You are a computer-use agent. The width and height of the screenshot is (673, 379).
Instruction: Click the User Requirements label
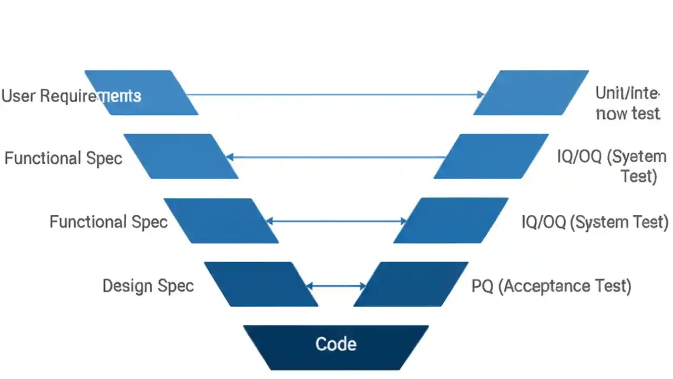(x=71, y=96)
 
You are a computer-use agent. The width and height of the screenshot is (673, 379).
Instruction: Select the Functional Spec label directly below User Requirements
(x=63, y=158)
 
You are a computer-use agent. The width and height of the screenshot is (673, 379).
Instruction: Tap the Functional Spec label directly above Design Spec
(x=108, y=222)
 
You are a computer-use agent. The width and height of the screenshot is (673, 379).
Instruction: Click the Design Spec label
(x=148, y=286)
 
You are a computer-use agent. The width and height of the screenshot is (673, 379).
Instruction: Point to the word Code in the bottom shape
(x=336, y=344)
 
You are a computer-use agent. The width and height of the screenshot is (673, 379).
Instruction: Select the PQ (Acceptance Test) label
(x=551, y=286)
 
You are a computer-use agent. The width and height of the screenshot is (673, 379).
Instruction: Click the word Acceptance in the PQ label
(x=545, y=286)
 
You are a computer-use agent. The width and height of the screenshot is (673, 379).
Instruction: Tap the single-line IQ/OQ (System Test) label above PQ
(x=595, y=222)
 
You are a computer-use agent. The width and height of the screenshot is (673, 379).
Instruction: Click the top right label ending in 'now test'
(x=627, y=103)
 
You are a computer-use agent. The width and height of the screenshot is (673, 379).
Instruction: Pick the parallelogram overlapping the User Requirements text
(x=141, y=93)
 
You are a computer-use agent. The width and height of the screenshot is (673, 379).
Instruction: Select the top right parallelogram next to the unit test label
(x=531, y=93)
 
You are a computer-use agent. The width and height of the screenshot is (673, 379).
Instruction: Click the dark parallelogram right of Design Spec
(x=261, y=284)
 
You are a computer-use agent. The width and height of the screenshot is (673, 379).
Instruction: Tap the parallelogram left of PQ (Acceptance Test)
(x=411, y=284)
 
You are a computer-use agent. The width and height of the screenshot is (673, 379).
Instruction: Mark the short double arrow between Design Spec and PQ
(x=336, y=286)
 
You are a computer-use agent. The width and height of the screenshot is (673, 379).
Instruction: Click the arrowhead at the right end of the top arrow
(x=480, y=95)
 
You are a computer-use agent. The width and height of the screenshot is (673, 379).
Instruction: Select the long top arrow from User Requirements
(x=331, y=95)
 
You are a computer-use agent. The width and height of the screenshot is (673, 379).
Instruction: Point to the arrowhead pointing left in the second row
(x=230, y=157)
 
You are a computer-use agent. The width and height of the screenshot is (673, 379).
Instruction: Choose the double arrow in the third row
(x=336, y=222)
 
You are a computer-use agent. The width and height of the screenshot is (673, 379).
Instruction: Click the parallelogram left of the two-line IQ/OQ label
(x=491, y=156)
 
